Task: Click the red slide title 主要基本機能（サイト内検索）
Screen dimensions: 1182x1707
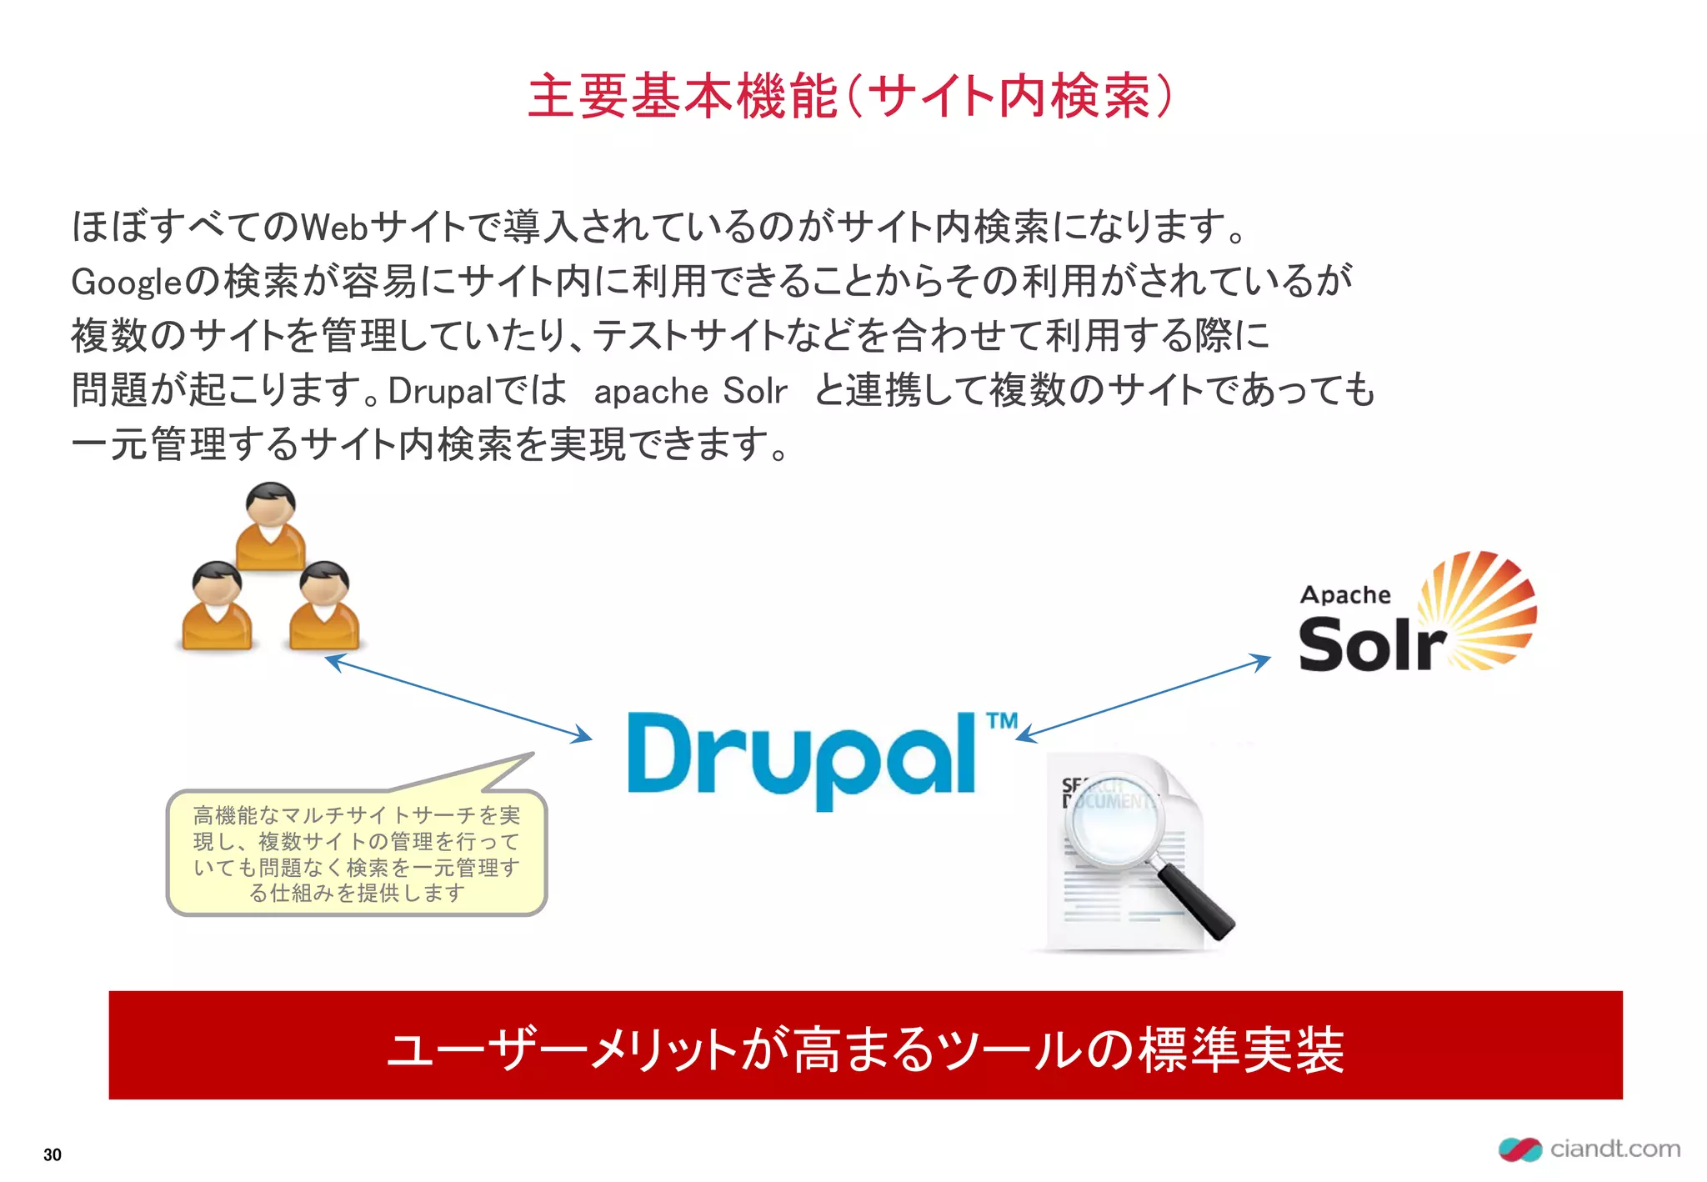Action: (x=850, y=96)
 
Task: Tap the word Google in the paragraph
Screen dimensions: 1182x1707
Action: (x=126, y=282)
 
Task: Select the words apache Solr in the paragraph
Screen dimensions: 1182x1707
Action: (x=690, y=390)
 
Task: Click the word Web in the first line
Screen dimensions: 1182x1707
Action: (x=334, y=227)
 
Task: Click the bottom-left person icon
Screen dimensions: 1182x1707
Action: (x=217, y=606)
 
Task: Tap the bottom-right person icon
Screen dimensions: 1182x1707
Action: (x=324, y=606)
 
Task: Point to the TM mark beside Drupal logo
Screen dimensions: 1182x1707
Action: (x=1002, y=720)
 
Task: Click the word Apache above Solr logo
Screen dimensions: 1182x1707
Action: (x=1345, y=594)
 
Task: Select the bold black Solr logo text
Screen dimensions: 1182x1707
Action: (x=1371, y=644)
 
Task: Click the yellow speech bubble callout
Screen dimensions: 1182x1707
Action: (x=357, y=853)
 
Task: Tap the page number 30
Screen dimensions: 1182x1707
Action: (x=53, y=1154)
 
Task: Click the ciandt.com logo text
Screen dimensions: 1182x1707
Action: (x=1614, y=1149)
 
